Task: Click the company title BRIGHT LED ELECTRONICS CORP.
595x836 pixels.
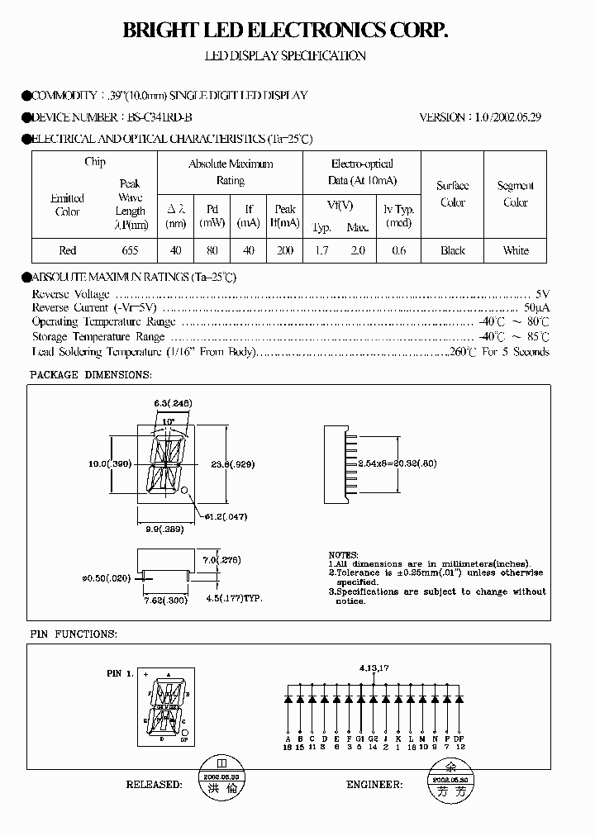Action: (285, 31)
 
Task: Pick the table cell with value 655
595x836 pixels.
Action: (130, 250)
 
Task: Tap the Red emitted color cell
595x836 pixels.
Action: (68, 250)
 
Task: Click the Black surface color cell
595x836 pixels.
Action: (452, 250)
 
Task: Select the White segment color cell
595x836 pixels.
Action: (516, 250)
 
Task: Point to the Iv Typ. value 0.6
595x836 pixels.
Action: (399, 250)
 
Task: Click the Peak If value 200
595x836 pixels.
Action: (285, 250)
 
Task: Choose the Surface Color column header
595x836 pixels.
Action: (452, 194)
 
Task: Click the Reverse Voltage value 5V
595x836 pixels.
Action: (542, 294)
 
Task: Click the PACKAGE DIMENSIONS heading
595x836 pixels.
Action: (91, 374)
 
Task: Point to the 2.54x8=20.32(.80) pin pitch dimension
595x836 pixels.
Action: (399, 464)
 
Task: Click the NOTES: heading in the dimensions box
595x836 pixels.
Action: (344, 555)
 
